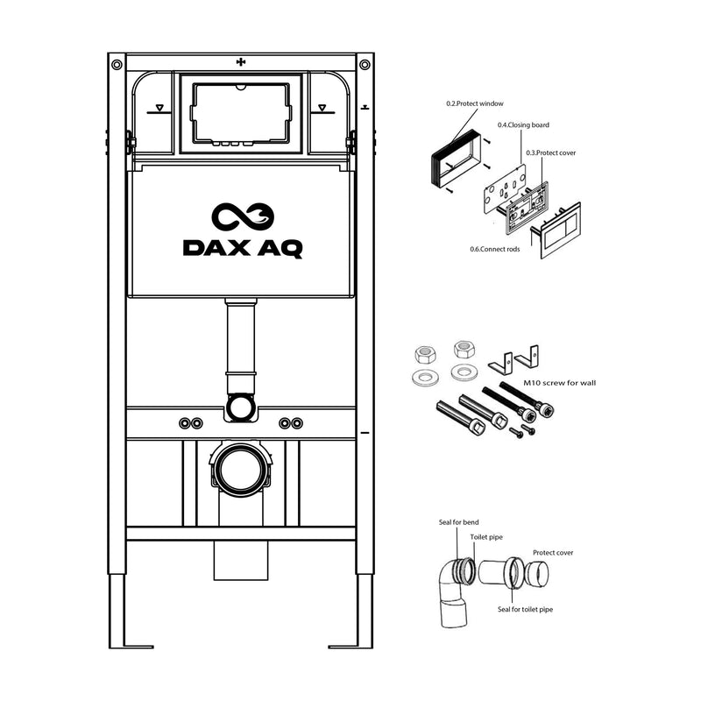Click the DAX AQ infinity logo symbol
pos(243,217)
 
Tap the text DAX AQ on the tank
pos(243,248)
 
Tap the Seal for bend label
pos(458,523)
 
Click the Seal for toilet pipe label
pos(525,609)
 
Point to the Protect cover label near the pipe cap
pos(553,553)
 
